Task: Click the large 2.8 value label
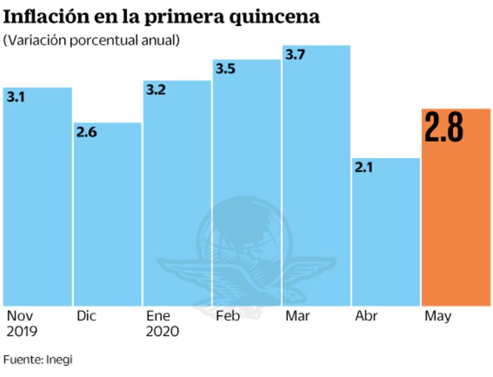pyautogui.click(x=444, y=127)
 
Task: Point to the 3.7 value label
pyautogui.click(x=295, y=55)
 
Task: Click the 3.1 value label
pyautogui.click(x=15, y=97)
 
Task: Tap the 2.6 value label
pyautogui.click(x=86, y=132)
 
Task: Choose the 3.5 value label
pyautogui.click(x=225, y=69)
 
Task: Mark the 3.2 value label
pyautogui.click(x=156, y=90)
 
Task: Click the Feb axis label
pyautogui.click(x=228, y=317)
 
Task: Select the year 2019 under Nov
pyautogui.click(x=22, y=332)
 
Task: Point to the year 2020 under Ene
pyautogui.click(x=163, y=332)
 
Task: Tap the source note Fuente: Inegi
pyautogui.click(x=38, y=359)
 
